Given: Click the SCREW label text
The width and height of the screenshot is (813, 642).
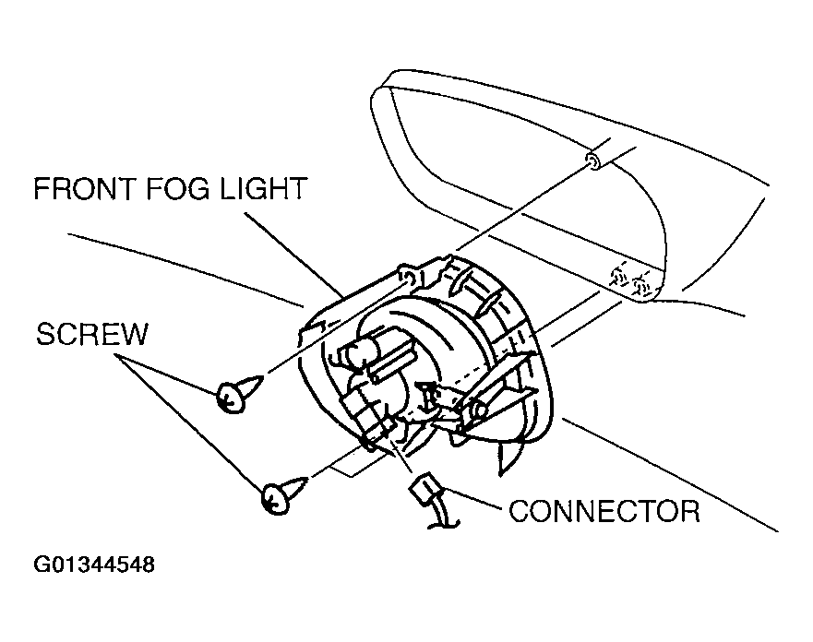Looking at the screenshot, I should point(91,334).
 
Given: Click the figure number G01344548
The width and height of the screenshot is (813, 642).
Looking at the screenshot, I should point(95,564).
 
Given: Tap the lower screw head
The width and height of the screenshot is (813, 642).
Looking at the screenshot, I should point(274,499).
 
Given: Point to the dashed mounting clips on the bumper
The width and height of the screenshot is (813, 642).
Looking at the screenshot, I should point(628,279).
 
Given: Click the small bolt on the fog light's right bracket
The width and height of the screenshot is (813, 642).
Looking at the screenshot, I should point(480,409).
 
